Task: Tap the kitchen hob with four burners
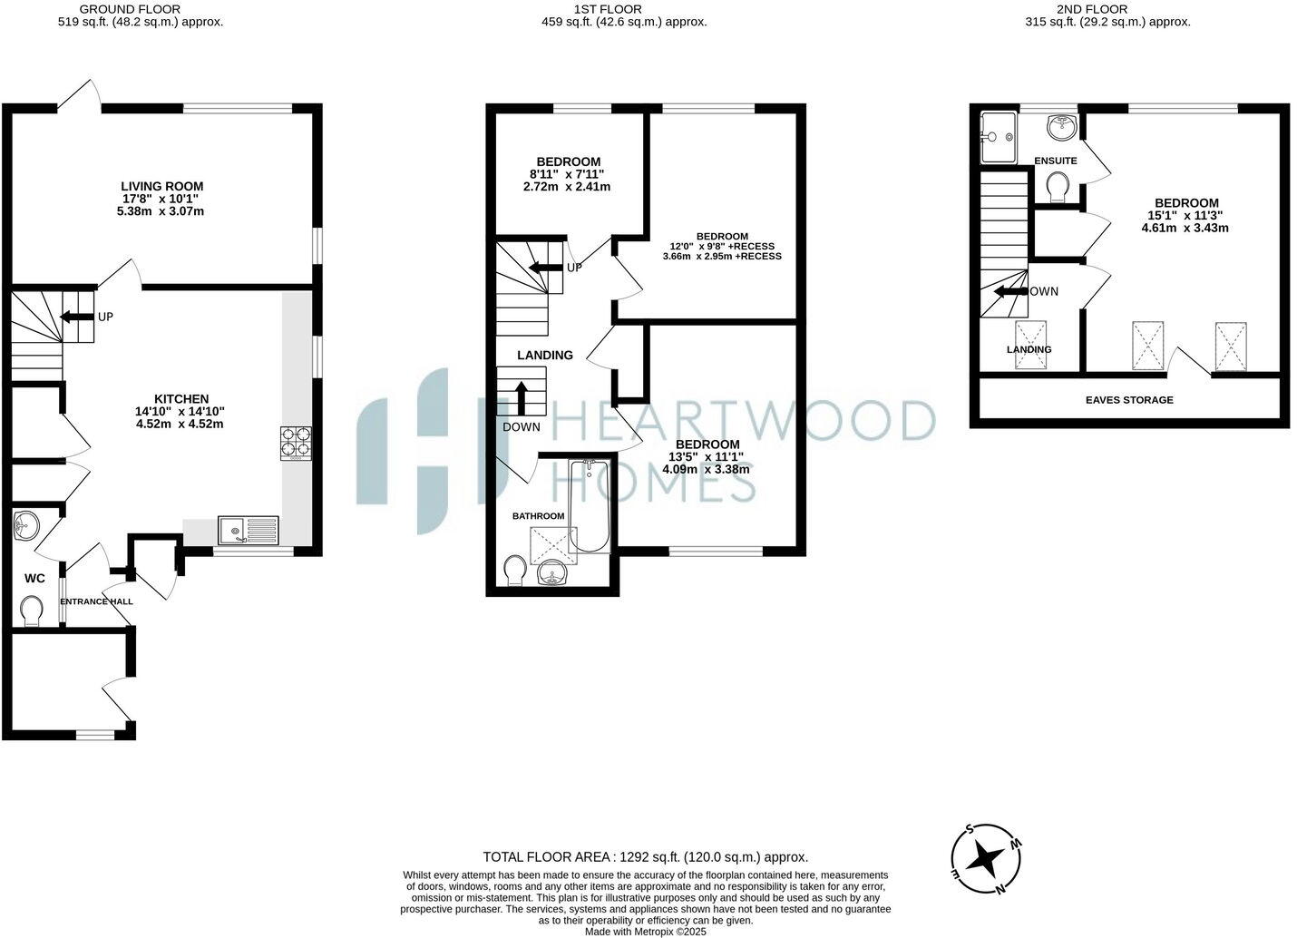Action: (296, 443)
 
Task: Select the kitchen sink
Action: (249, 529)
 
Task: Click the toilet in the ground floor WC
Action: (32, 610)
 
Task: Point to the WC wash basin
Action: (27, 525)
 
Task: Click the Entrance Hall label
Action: (96, 601)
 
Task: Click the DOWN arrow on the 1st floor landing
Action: (522, 397)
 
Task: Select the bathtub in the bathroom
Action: (589, 504)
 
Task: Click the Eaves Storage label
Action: (1129, 400)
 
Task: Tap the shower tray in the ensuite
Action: (999, 137)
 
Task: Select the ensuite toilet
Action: (1057, 188)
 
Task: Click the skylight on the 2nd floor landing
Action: (1030, 345)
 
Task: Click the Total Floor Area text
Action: (645, 856)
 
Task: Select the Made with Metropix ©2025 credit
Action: (645, 931)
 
